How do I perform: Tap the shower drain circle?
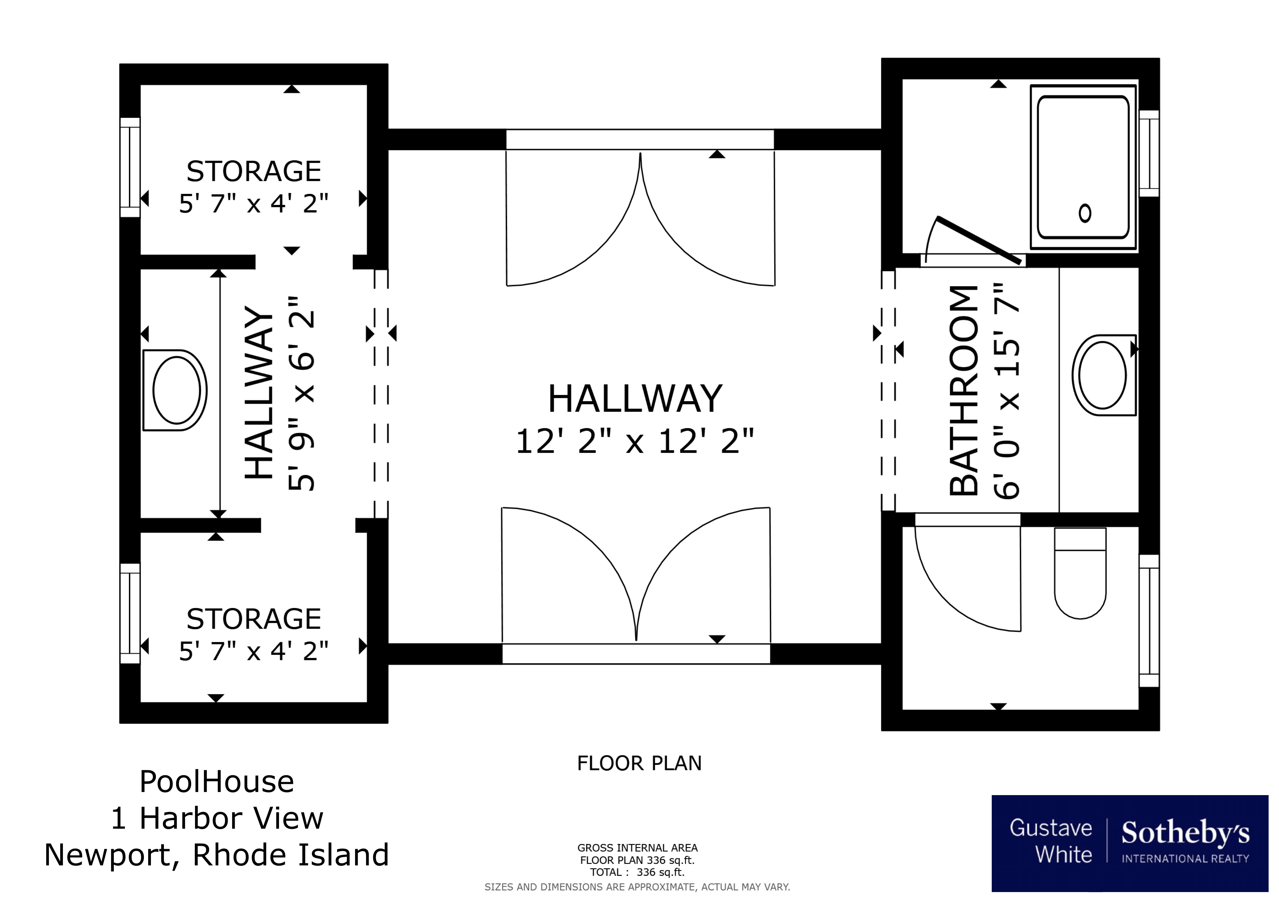coord(1085,213)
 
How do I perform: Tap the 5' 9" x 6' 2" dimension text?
coord(301,393)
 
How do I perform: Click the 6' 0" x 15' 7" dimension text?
coord(1007,390)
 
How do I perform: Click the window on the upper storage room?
coord(130,167)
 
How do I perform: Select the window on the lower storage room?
coord(130,613)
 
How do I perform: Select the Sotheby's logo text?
coord(1185,833)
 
